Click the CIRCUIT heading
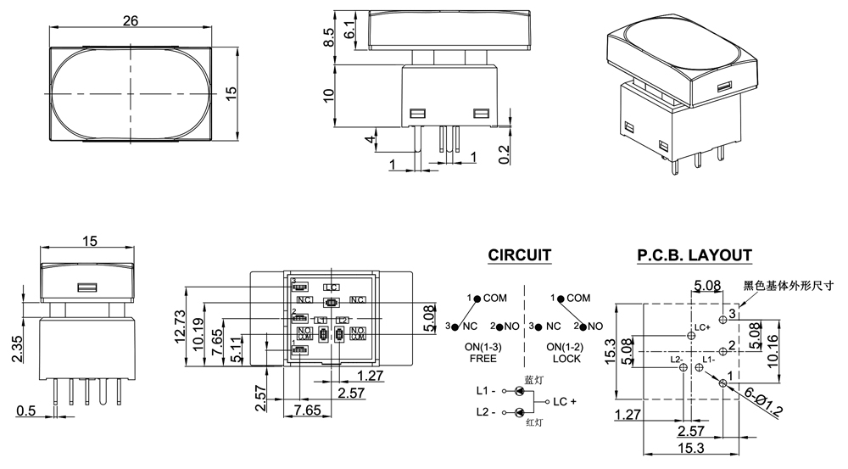520,254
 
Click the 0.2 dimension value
505,153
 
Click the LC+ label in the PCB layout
701,328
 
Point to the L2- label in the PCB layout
677,360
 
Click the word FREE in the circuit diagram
482,359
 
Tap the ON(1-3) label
481,348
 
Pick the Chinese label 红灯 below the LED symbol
533,422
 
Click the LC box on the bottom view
332,288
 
